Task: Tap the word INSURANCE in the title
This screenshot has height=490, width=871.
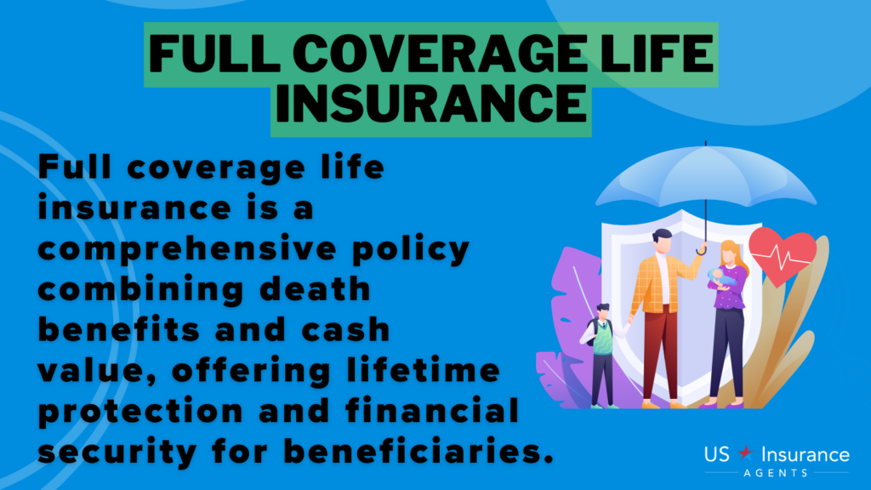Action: (x=431, y=105)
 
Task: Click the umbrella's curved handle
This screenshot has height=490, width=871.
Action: (x=702, y=248)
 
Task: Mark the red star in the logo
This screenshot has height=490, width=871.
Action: (x=742, y=456)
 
